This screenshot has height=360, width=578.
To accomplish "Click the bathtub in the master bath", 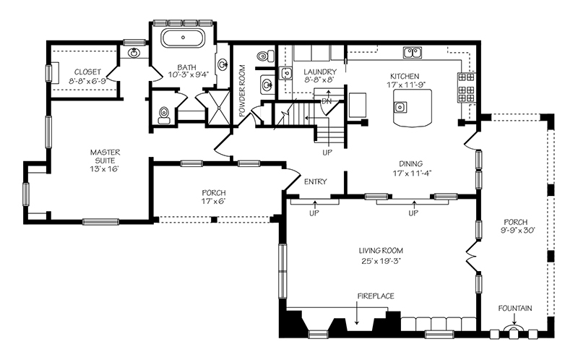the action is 184,38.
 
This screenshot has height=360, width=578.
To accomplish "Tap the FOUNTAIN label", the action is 515,309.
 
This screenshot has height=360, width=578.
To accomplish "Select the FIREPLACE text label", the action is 376,296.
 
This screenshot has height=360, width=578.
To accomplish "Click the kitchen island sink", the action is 400,107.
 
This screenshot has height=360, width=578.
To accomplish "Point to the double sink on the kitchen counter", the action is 413,52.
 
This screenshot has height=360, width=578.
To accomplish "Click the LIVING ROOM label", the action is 381,251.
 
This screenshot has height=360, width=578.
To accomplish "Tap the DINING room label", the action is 410,164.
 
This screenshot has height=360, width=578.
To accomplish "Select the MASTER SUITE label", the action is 105,156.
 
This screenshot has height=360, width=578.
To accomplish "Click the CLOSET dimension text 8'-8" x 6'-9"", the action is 87,81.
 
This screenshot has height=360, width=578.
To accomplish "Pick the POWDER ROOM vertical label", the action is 242,91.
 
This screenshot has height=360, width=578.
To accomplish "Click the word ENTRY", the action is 316,181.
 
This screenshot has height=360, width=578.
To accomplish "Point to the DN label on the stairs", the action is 327,101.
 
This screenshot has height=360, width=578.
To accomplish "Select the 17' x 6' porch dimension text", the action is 214,202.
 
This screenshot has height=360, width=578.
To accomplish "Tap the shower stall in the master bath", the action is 217,107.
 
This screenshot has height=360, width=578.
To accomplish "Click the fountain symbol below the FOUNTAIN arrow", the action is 514,330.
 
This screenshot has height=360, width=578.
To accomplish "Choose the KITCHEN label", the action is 405,77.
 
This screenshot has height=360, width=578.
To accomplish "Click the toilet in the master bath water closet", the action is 163,115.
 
